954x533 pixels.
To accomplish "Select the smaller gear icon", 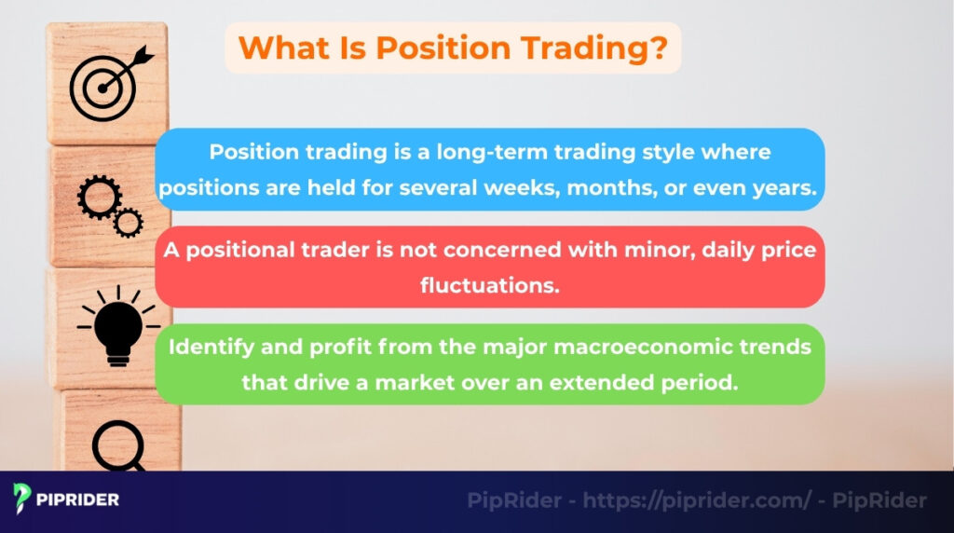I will [127, 221].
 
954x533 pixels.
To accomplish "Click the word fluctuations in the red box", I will [489, 285].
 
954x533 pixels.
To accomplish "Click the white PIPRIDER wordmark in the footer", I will [78, 499].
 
